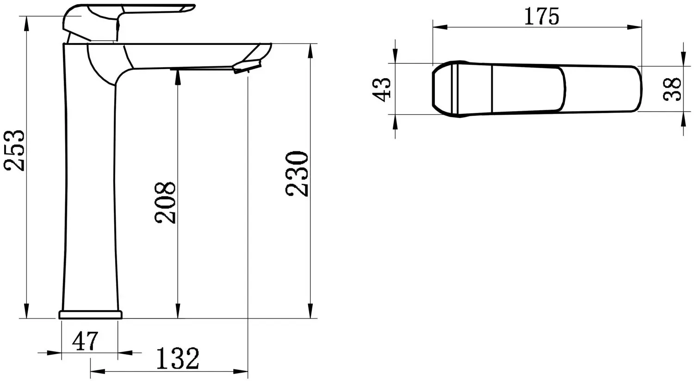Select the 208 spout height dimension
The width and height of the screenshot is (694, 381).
166,202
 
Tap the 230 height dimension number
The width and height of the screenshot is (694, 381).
297,174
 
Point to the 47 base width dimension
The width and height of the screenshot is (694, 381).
86,341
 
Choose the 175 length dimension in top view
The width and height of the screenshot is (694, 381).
541,17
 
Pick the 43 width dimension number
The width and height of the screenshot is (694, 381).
382,88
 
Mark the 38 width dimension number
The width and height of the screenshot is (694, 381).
672,89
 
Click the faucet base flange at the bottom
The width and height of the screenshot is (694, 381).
90,315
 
